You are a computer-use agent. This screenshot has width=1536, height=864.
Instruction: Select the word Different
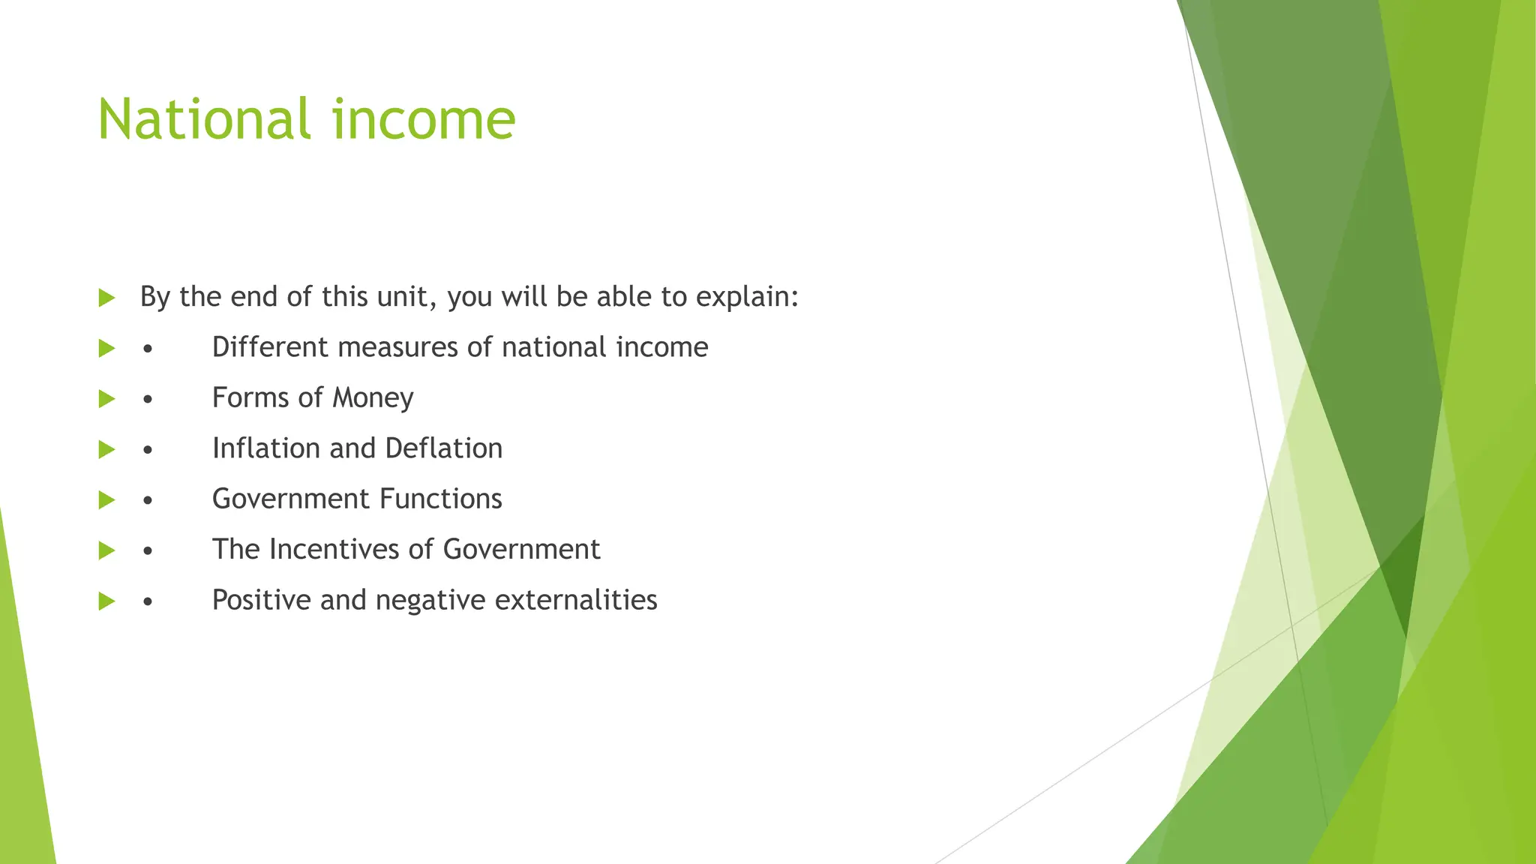270,347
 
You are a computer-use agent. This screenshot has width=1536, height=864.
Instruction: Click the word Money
373,398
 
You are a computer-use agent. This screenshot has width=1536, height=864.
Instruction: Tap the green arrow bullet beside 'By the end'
106,298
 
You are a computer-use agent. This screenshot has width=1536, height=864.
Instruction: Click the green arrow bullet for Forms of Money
106,398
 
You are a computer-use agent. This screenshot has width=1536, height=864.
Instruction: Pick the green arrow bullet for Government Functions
106,499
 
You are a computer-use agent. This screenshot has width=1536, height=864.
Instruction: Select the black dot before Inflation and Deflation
148,450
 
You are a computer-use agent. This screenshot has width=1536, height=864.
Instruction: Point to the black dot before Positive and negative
148,601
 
